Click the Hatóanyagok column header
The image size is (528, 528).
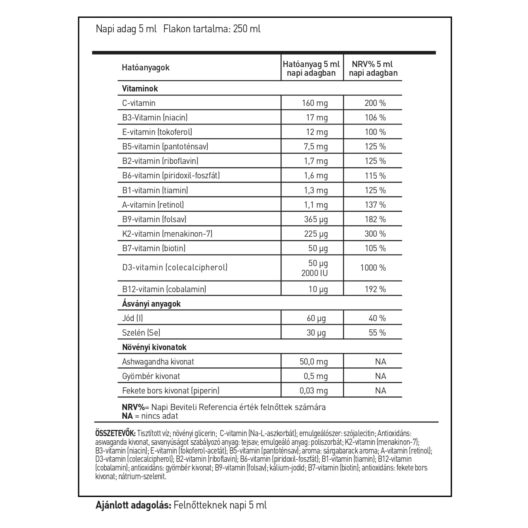(x=146, y=68)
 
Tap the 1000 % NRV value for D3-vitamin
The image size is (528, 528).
(x=372, y=268)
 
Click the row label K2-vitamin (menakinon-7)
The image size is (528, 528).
(x=167, y=234)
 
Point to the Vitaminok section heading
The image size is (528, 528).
(x=140, y=89)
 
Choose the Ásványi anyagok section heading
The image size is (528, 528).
(x=151, y=304)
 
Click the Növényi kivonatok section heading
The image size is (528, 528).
(x=154, y=347)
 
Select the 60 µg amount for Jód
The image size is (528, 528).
(x=316, y=318)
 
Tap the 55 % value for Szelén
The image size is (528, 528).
(x=377, y=333)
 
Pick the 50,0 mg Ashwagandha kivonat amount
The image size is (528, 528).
(x=313, y=362)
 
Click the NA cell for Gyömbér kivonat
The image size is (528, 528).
(x=380, y=376)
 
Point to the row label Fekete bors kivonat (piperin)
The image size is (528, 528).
(x=170, y=391)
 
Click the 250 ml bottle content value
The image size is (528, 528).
(x=247, y=29)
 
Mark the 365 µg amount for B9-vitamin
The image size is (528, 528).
(x=316, y=219)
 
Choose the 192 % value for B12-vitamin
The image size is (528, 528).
(x=375, y=289)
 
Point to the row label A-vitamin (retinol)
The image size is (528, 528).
(x=153, y=205)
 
